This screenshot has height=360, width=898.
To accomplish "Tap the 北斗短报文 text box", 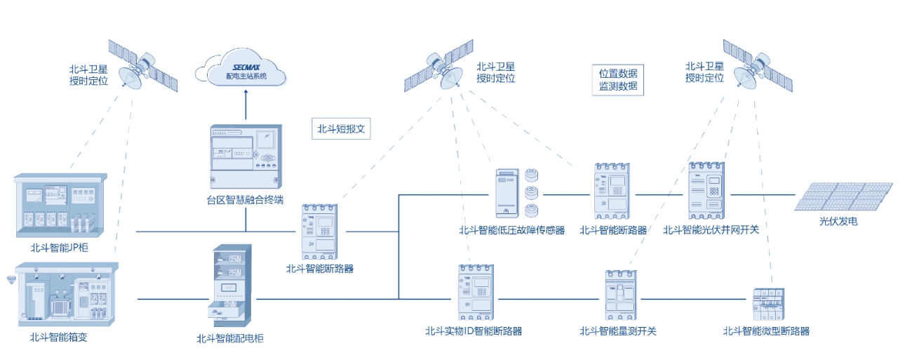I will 340,129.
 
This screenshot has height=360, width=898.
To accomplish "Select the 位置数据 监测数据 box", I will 617,79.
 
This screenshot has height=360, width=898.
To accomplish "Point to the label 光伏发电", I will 838,222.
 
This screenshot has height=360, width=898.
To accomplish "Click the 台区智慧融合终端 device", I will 246,155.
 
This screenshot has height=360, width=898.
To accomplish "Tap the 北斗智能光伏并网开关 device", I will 706,192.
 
